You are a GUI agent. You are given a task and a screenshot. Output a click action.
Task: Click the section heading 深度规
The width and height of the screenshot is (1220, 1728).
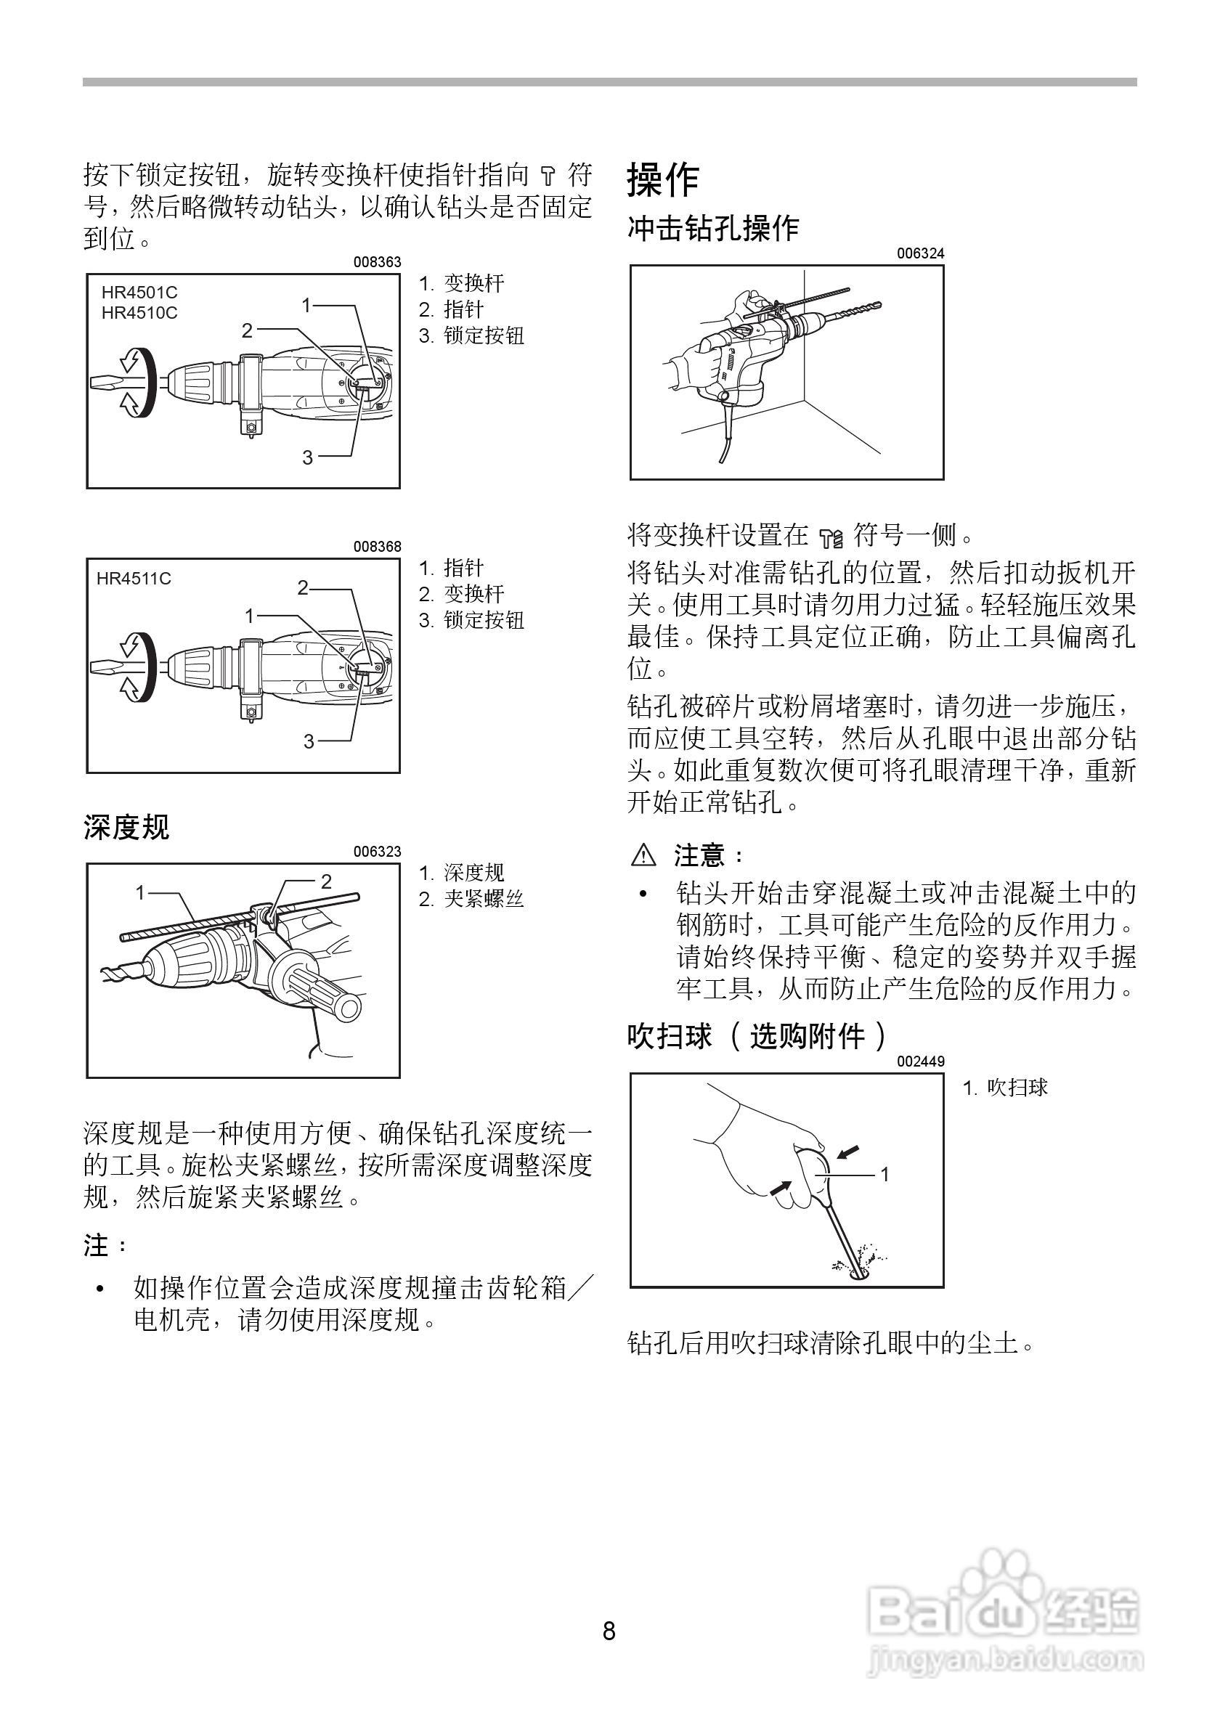click(126, 827)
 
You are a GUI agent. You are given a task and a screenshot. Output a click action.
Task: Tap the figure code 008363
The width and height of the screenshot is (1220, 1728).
click(377, 262)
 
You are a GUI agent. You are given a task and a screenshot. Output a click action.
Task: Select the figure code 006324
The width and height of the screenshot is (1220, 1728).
click(919, 253)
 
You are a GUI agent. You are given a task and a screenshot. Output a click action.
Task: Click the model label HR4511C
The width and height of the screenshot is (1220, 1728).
click(134, 578)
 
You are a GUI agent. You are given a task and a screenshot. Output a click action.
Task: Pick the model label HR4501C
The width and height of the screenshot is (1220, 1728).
click(140, 292)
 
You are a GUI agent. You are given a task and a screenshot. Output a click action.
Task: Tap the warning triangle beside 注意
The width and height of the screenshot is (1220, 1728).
click(644, 855)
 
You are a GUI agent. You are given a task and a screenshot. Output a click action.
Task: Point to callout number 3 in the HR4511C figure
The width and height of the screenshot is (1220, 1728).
click(309, 741)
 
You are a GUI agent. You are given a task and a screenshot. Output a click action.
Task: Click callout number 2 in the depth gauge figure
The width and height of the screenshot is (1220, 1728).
click(326, 881)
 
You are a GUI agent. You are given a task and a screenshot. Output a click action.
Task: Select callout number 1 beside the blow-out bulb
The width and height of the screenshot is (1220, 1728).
click(885, 1173)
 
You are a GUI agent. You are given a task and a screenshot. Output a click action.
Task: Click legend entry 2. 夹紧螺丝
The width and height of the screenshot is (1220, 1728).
click(471, 899)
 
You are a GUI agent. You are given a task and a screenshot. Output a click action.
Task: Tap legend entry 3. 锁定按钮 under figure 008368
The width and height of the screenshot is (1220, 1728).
click(471, 620)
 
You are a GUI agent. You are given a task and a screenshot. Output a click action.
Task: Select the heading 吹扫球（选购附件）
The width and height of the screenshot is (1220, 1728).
click(757, 1036)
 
